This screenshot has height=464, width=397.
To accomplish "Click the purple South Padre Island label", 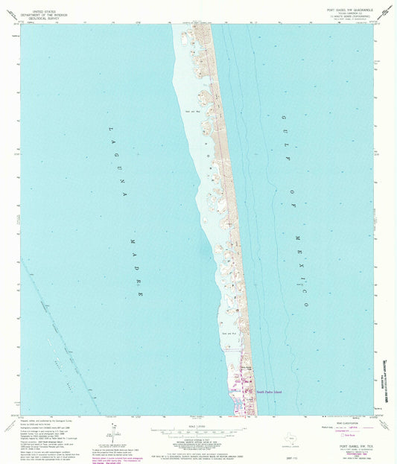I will (270, 390).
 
